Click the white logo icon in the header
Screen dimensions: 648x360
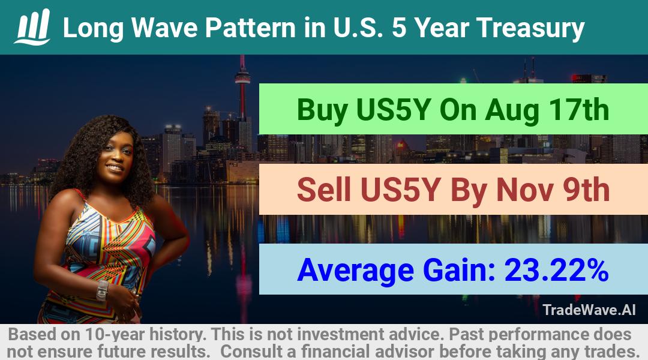point(32,27)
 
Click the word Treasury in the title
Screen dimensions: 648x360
point(530,29)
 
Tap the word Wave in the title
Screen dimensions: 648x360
point(164,28)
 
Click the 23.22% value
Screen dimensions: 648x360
point(556,270)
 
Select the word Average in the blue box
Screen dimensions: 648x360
point(355,271)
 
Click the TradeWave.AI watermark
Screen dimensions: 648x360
point(589,310)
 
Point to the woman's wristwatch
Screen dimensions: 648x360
point(102,290)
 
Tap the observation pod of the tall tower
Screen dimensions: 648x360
point(242,78)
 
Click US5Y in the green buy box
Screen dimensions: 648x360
point(394,110)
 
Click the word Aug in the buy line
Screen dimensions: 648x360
point(512,111)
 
